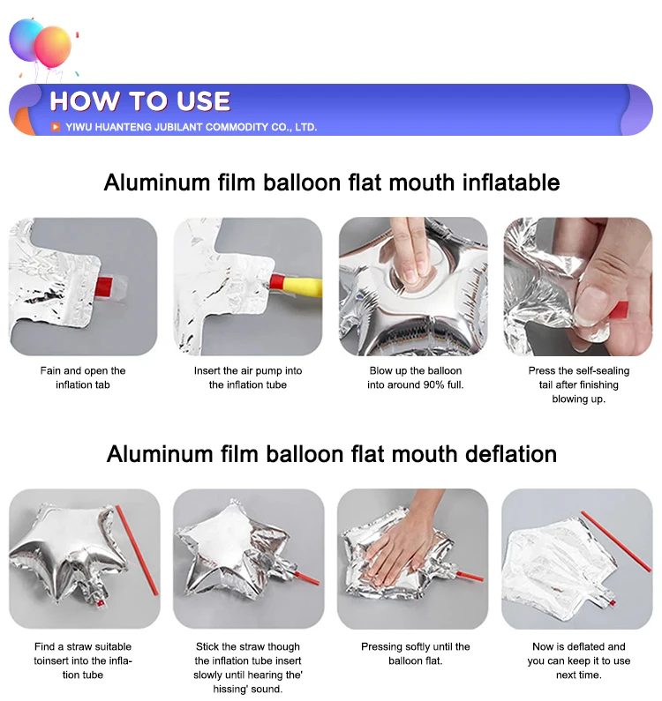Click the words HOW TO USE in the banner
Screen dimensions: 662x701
[140, 101]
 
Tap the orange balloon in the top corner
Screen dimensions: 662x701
[53, 47]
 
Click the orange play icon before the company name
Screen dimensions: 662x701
[56, 127]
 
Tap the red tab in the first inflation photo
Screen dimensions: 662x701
[104, 286]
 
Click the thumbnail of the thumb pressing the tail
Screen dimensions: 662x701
[578, 287]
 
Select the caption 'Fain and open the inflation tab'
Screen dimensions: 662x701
[83, 377]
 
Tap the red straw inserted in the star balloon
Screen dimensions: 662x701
[307, 578]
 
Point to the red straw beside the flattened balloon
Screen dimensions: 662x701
[616, 541]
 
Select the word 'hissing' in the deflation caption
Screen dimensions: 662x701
[229, 689]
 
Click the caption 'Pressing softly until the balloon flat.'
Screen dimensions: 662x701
[416, 653]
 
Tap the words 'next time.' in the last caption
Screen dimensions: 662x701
[579, 675]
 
